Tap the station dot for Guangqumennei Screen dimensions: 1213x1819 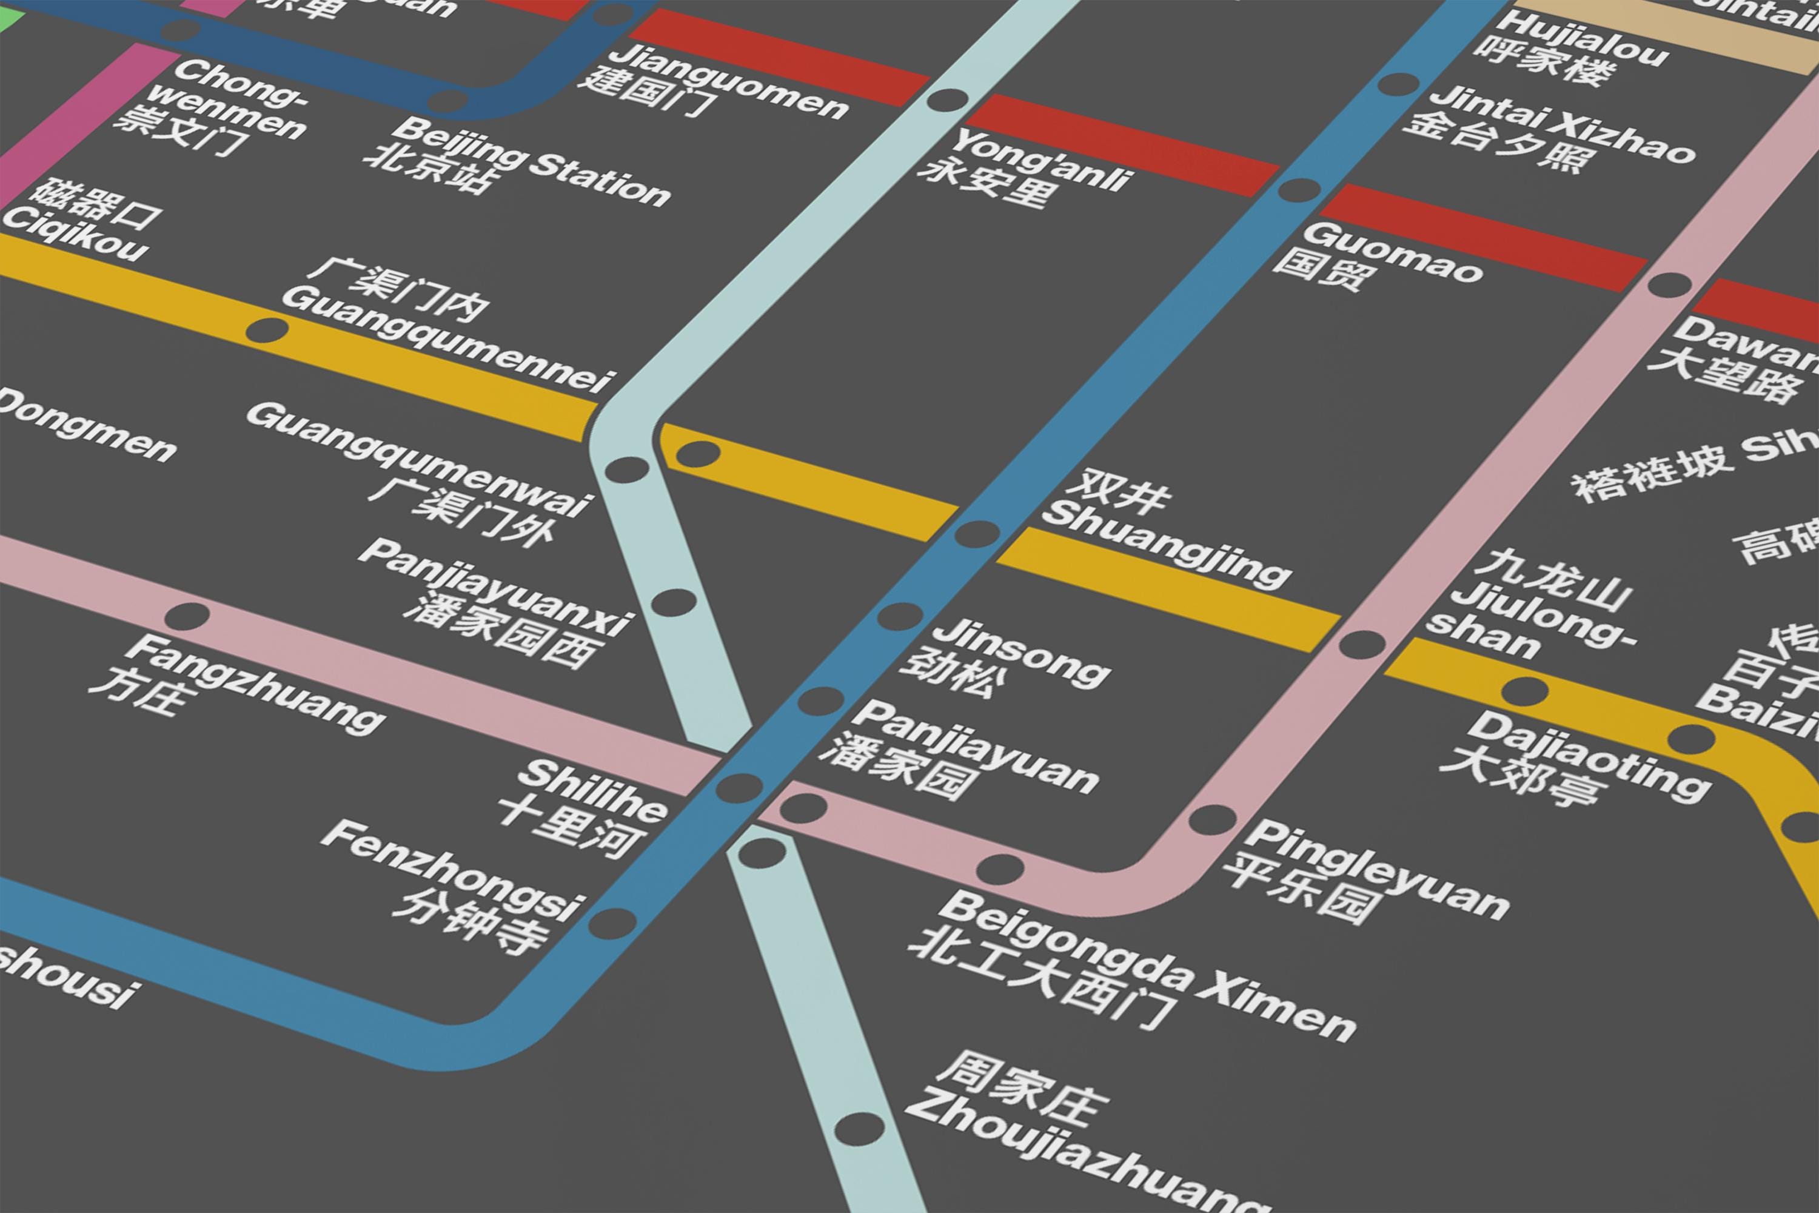point(266,331)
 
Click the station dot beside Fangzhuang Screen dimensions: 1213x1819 point(187,617)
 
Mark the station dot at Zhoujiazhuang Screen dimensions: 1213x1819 point(859,1129)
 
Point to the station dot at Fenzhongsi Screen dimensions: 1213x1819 point(612,923)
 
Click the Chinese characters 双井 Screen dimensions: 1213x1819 point(1117,489)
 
